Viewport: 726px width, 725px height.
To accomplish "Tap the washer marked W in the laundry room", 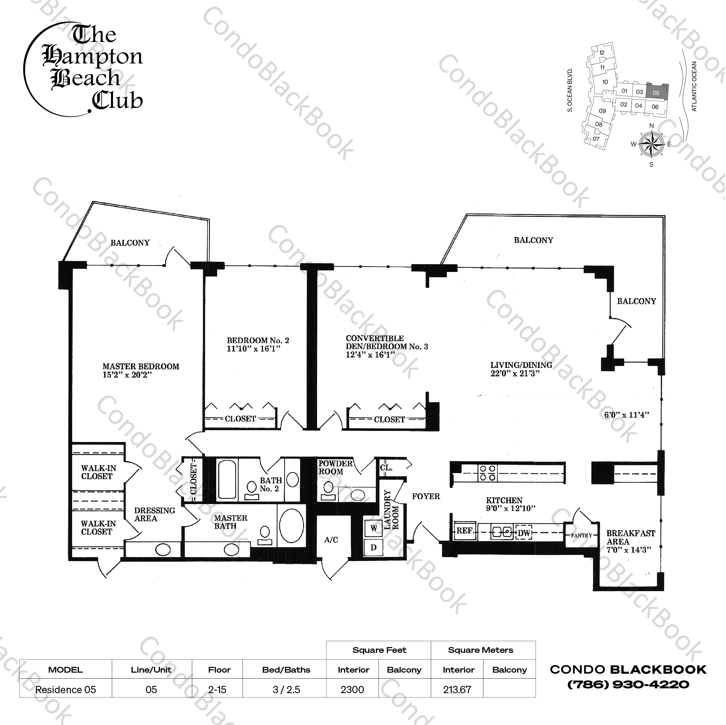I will [373, 528].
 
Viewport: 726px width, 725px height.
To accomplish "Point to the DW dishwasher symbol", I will [524, 532].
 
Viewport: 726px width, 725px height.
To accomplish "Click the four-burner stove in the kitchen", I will [487, 473].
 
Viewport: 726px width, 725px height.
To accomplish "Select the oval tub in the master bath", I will [292, 525].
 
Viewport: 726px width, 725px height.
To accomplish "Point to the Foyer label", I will [426, 497].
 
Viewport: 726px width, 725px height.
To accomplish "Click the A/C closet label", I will [331, 540].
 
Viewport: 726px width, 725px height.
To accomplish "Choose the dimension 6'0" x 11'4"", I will [627, 415].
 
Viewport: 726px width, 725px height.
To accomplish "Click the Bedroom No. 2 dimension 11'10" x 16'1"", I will [254, 349].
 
